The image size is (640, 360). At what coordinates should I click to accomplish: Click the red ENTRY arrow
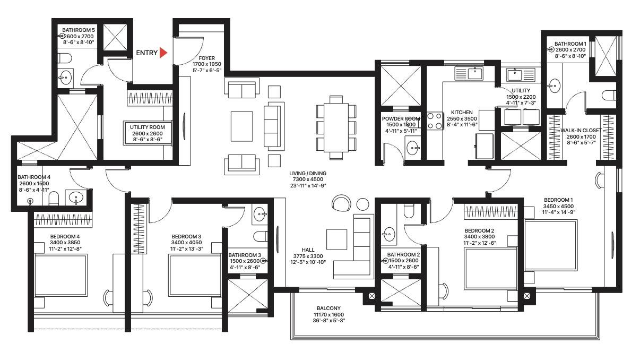164,53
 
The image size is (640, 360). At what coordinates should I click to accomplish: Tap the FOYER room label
206,58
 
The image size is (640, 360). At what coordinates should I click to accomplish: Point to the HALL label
308,250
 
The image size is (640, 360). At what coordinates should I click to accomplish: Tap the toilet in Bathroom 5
64,57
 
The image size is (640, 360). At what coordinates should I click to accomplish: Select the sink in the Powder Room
412,147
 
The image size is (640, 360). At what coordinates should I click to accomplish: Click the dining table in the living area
336,127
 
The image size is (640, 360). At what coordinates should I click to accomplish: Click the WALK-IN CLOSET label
582,130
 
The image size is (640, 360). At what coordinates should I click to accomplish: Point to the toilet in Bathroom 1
609,96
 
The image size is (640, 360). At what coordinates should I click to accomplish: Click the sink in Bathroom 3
261,215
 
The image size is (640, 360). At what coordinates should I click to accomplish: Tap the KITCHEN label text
462,113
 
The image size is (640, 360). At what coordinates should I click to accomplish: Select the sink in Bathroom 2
390,233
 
